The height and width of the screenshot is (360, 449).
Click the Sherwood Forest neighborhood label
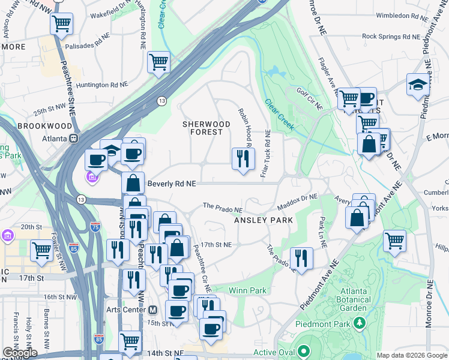coord(206,128)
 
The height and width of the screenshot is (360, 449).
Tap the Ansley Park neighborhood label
coord(264,220)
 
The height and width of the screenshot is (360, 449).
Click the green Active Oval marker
coord(304,351)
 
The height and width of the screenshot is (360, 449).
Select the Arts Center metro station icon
coord(152,310)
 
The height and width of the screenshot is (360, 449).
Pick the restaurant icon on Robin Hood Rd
coord(243,158)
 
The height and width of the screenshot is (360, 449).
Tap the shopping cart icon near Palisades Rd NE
coord(61,25)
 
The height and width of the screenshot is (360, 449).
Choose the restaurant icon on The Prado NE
coord(301,258)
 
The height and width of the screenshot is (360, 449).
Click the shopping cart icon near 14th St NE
coord(130,341)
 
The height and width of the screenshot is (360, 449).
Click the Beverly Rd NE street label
coord(172,184)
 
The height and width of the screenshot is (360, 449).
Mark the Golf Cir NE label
coord(311,95)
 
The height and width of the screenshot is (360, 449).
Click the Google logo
coord(20,353)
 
